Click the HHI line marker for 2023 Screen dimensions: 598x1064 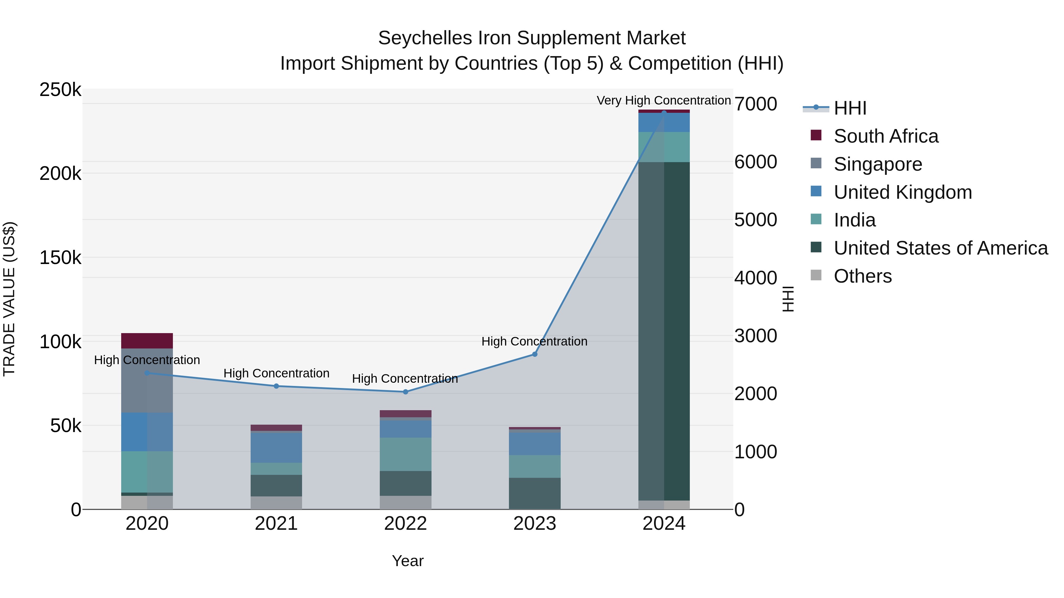[534, 354]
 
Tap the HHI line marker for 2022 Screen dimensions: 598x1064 [405, 392]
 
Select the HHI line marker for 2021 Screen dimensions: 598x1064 [276, 386]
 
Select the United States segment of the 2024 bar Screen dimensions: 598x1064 [664, 330]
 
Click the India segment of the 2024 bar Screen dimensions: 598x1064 [664, 147]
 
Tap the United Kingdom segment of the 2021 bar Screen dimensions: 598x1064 [276, 448]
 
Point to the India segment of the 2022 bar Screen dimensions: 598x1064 [405, 454]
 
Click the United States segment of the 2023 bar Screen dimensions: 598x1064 [534, 493]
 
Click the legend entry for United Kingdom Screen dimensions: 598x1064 [903, 192]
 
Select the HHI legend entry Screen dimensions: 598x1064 [850, 108]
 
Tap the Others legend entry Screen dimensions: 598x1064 [862, 276]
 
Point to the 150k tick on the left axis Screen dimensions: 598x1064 [60, 258]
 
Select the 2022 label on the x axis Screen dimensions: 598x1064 [405, 524]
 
